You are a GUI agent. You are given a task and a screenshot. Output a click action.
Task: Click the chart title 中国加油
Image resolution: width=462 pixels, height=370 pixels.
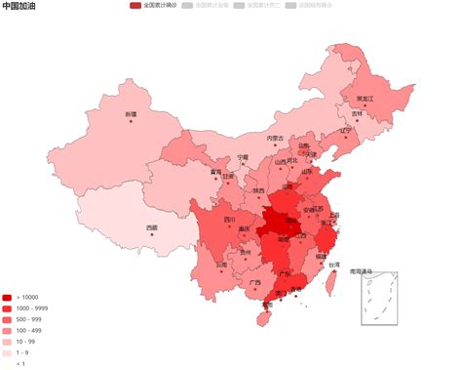(21, 6)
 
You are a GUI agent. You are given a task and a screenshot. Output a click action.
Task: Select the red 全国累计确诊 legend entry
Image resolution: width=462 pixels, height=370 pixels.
(160, 6)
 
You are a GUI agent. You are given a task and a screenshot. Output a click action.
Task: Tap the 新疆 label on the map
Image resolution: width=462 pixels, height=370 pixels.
(131, 114)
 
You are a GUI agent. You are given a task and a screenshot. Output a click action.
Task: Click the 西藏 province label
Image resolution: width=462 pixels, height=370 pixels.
(152, 228)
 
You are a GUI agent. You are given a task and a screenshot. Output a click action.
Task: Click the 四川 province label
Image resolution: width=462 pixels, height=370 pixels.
(230, 220)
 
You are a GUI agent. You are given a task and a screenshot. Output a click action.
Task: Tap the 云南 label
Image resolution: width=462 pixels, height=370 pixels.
(222, 265)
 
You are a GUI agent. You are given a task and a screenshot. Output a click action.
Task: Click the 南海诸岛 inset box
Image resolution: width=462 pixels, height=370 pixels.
(379, 297)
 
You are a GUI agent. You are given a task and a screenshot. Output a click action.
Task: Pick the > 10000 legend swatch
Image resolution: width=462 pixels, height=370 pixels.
(8, 297)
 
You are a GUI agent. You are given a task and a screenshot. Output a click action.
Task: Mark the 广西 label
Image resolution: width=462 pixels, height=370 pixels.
(254, 282)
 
